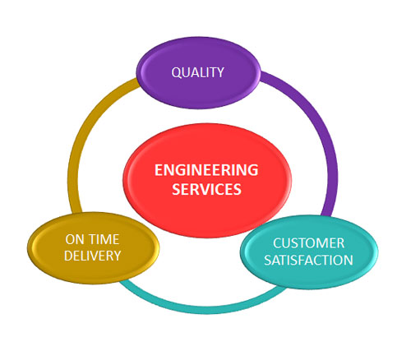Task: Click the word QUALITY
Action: [197, 72]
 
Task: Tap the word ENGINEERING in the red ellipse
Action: [206, 170]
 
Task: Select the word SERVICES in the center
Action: [206, 189]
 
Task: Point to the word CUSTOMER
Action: [308, 243]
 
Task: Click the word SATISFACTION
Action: [308, 260]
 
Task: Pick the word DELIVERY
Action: [92, 256]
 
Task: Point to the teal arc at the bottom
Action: [203, 308]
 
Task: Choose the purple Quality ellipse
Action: [198, 72]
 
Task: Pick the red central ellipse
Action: [207, 180]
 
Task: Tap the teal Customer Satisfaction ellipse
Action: [309, 252]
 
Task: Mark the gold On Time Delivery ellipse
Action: [93, 248]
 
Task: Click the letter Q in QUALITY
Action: [176, 73]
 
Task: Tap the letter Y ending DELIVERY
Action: [117, 256]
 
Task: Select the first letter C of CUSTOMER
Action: [277, 243]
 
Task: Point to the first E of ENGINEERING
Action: [159, 170]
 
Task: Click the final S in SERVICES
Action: [237, 189]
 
